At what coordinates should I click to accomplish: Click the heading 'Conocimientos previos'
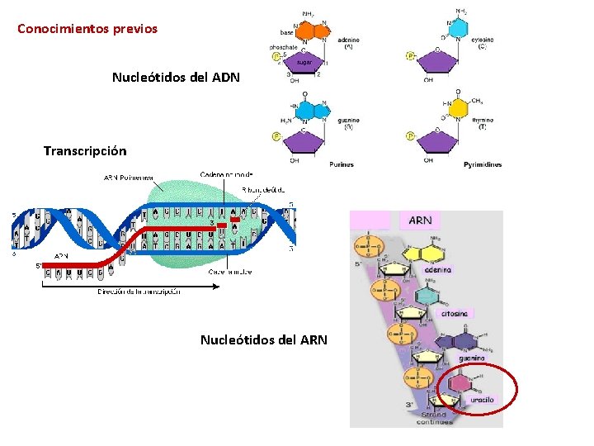[x=87, y=29]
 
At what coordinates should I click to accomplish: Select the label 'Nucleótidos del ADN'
[x=176, y=78]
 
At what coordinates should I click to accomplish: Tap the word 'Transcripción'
[x=85, y=151]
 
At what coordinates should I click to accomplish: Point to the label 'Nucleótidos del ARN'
[x=263, y=339]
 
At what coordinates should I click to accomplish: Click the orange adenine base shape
[x=306, y=31]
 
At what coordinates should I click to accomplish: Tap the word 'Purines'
[x=341, y=164]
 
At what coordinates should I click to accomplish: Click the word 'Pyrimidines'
[x=482, y=164]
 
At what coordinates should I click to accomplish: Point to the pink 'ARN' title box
[x=420, y=221]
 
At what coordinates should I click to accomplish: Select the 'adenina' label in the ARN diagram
[x=437, y=270]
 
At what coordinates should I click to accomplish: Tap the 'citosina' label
[x=454, y=314]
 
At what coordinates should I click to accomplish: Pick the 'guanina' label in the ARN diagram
[x=474, y=358]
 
